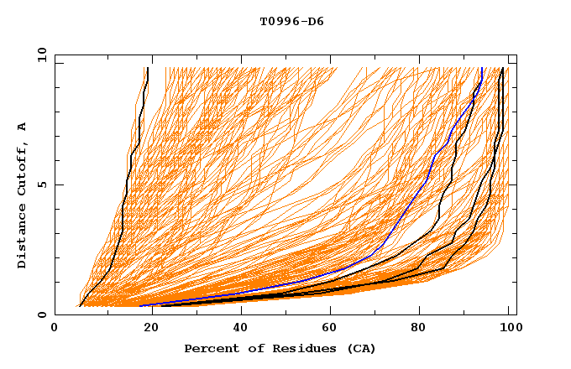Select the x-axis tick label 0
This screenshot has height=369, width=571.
(55, 330)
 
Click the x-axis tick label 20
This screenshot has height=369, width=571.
(150, 330)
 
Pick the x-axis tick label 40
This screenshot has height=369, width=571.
(241, 330)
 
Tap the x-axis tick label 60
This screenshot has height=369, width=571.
(333, 330)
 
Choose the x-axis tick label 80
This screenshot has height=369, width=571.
(423, 330)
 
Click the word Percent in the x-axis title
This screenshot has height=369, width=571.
(210, 348)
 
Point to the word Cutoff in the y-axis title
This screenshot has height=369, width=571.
(23, 168)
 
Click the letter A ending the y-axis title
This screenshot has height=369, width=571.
(23, 126)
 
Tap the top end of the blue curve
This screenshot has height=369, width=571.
(482, 69)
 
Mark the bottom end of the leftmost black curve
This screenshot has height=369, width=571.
(80, 306)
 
